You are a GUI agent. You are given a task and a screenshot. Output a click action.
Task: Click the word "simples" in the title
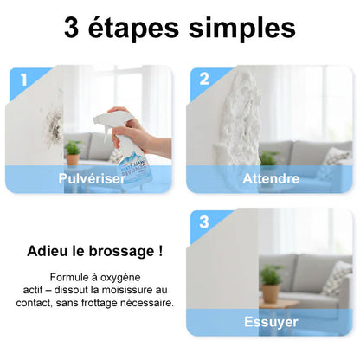click(242, 29)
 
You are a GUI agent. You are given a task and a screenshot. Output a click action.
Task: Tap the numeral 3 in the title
click(72, 29)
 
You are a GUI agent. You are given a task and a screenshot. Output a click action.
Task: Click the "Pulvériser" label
click(92, 178)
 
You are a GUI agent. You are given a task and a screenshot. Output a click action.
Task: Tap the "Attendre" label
click(271, 179)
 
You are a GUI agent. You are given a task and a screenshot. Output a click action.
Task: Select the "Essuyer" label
click(271, 322)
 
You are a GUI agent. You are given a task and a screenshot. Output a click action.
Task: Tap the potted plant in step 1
click(72, 153)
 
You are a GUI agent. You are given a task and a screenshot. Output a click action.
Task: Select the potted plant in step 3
click(271, 284)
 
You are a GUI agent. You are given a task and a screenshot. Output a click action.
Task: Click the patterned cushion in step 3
click(337, 280)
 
